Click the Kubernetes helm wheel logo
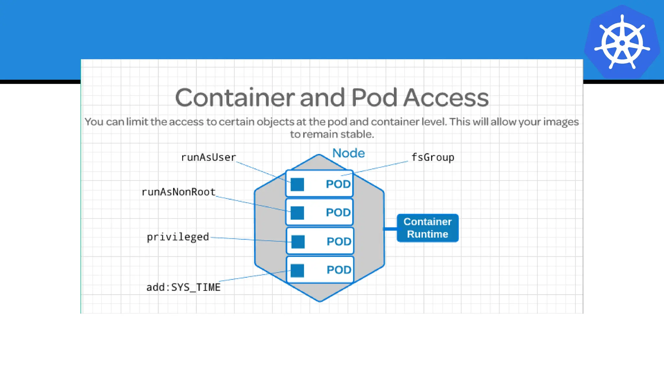(x=622, y=42)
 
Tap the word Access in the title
(x=446, y=97)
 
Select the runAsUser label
(x=208, y=157)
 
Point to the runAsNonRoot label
(x=179, y=192)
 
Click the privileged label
(x=178, y=237)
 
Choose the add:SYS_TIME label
(x=184, y=287)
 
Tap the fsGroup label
(x=433, y=157)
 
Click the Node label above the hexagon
(x=349, y=153)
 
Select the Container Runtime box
(x=427, y=228)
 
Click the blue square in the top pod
(x=297, y=185)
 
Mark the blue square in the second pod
(x=297, y=213)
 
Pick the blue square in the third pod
(x=298, y=242)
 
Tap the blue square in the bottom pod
(x=297, y=270)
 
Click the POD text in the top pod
(x=338, y=184)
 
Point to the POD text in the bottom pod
(x=339, y=270)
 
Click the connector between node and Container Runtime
(x=390, y=229)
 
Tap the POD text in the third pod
(x=339, y=241)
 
